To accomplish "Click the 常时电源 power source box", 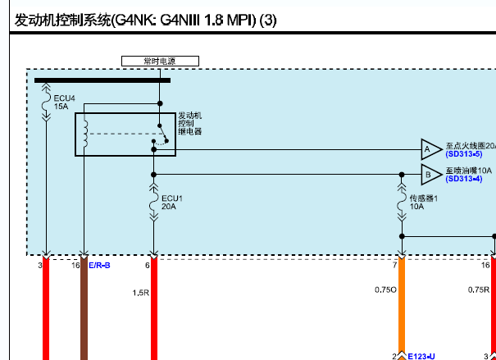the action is (x=160, y=61).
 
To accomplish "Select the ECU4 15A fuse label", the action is (x=64, y=103).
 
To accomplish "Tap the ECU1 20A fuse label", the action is (x=172, y=203).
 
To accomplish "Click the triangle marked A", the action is (x=431, y=149).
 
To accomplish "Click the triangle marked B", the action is (x=431, y=175).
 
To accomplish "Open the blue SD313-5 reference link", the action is (x=464, y=154).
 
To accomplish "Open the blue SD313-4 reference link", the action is (x=464, y=179).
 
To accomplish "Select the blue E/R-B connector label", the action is (x=99, y=266).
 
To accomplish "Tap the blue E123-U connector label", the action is (x=421, y=357).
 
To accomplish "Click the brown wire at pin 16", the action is (x=84, y=309).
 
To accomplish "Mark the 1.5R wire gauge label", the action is (x=141, y=293).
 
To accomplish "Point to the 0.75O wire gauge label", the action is (x=385, y=289).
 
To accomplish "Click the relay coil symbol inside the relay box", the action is (x=85, y=134).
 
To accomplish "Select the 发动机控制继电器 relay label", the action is (x=190, y=124).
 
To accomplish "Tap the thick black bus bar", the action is (x=102, y=80).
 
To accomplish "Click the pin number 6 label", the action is (x=147, y=266).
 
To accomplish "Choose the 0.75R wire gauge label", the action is (x=479, y=289).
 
